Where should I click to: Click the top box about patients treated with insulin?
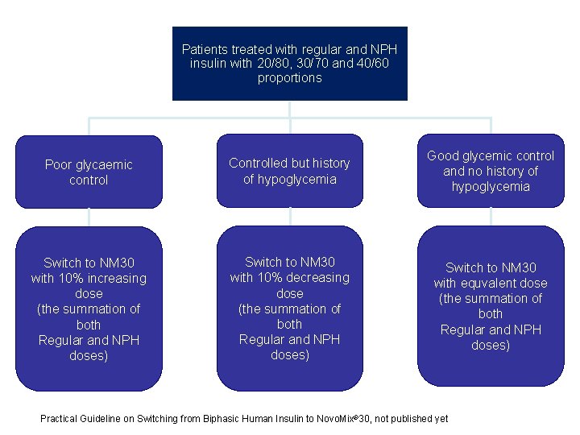(290, 64)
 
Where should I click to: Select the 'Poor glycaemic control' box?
(89, 172)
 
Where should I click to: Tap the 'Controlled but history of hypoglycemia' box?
(289, 171)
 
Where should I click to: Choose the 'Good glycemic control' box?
(491, 171)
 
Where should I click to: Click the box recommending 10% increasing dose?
(89, 309)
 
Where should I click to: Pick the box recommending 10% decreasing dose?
(289, 309)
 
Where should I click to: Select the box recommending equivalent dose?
(491, 306)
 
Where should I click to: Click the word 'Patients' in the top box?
(205, 49)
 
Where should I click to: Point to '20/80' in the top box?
(272, 64)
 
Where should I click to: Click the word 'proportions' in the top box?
(290, 78)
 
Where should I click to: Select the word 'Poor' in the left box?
(59, 164)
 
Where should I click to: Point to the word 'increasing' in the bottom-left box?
(118, 279)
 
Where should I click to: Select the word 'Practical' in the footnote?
(59, 418)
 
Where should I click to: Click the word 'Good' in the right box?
(444, 155)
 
